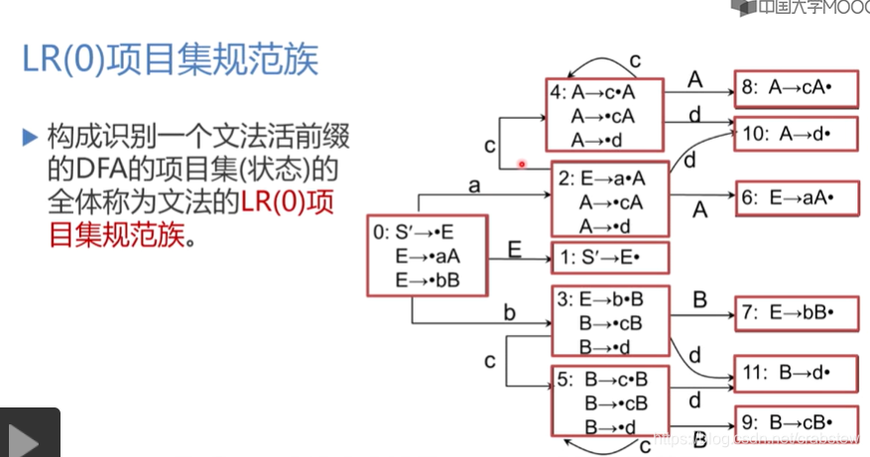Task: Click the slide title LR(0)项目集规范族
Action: pyautogui.click(x=171, y=60)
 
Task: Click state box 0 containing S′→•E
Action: pyautogui.click(x=427, y=257)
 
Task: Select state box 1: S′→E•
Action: pyautogui.click(x=610, y=258)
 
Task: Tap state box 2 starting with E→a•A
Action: pyautogui.click(x=610, y=200)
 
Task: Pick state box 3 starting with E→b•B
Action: pyautogui.click(x=610, y=320)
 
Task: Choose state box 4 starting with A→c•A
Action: pyautogui.click(x=604, y=115)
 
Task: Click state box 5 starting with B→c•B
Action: pyautogui.click(x=610, y=401)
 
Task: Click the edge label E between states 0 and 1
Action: pyautogui.click(x=515, y=248)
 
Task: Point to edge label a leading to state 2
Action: pyautogui.click(x=475, y=184)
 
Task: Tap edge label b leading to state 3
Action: pyautogui.click(x=510, y=313)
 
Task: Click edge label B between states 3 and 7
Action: pyautogui.click(x=698, y=298)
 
